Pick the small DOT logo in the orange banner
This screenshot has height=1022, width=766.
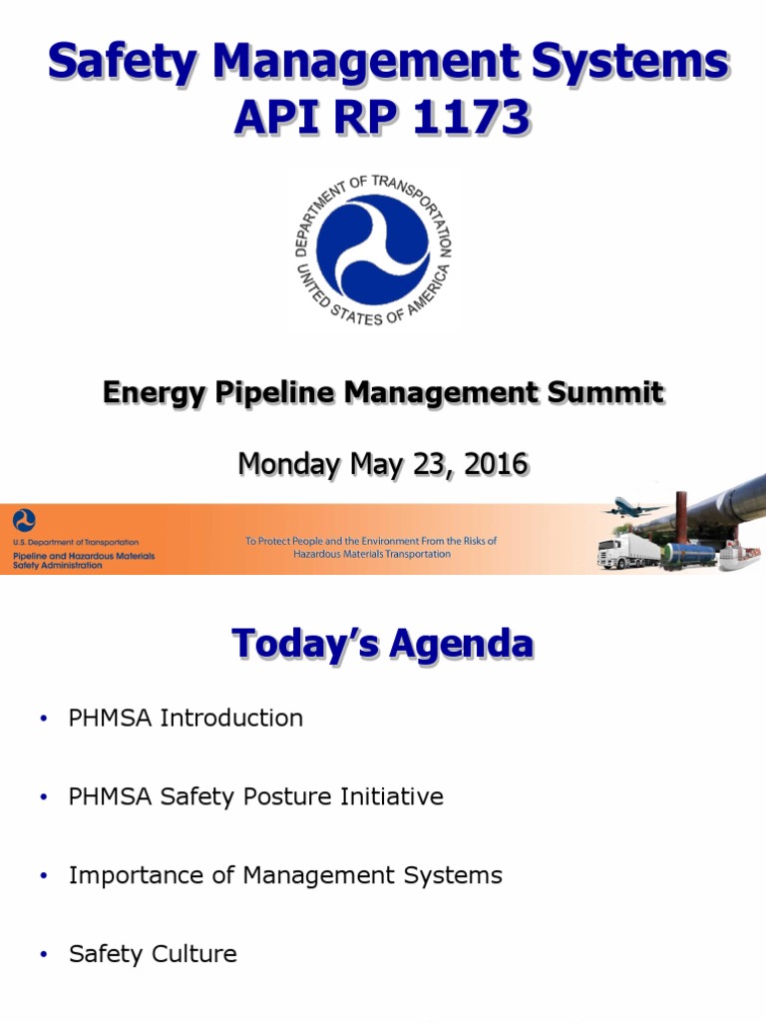(x=24, y=519)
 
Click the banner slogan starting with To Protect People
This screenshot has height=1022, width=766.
(x=371, y=547)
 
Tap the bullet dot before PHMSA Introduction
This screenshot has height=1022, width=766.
(x=43, y=719)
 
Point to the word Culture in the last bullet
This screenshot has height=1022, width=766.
(x=194, y=953)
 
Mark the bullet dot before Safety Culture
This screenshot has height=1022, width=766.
(x=43, y=955)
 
